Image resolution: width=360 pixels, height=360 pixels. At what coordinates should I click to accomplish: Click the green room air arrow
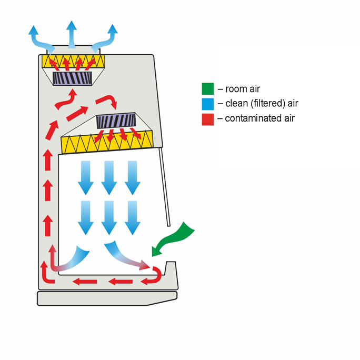[173, 239]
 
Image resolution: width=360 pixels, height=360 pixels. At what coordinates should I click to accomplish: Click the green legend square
[208, 88]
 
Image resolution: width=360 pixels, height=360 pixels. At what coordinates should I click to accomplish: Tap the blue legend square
[208, 104]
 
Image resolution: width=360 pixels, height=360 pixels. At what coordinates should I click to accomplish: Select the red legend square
[208, 119]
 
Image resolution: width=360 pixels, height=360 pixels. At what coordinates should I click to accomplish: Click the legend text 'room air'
[243, 89]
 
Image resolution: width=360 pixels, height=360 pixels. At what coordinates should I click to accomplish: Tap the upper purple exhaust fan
[72, 78]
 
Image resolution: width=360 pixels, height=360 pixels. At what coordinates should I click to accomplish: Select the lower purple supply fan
[116, 121]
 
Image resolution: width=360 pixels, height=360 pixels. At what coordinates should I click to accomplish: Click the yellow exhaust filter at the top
[74, 61]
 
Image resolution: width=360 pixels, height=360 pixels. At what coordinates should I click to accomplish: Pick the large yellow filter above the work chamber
[107, 142]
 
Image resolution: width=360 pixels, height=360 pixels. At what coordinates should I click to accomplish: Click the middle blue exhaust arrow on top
[72, 34]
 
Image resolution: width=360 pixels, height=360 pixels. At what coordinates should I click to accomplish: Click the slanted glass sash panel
[165, 187]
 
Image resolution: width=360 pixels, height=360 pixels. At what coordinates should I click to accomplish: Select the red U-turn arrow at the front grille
[153, 275]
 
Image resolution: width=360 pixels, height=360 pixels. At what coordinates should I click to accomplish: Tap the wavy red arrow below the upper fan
[66, 101]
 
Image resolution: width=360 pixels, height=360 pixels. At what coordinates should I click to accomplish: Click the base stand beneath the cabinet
[107, 298]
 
